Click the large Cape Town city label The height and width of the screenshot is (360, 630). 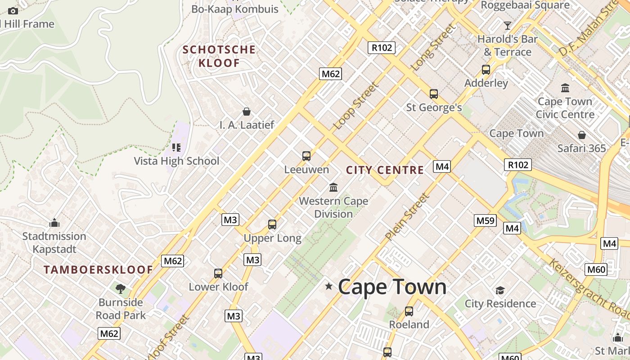(x=392, y=287)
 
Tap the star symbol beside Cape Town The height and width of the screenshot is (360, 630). (x=329, y=286)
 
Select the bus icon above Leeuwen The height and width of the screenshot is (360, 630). (x=306, y=156)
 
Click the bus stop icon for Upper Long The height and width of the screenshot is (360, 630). (x=272, y=224)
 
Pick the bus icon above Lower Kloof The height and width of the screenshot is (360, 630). (x=218, y=273)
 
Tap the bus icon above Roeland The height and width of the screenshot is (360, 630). (x=409, y=311)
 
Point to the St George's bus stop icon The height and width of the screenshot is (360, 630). (x=434, y=94)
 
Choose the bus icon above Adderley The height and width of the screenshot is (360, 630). (x=486, y=70)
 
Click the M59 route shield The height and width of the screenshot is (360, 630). (x=486, y=220)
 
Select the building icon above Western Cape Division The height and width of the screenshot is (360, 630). (x=333, y=187)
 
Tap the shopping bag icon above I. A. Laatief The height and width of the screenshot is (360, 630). (x=247, y=112)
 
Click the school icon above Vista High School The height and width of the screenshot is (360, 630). (x=176, y=147)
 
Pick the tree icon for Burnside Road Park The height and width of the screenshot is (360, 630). (x=120, y=288)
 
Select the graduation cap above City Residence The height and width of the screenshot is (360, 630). (x=500, y=290)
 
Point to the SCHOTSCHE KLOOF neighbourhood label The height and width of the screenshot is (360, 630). (x=219, y=56)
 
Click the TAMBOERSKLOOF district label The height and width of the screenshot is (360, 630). (x=98, y=270)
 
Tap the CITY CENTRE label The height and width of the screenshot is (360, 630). (x=385, y=170)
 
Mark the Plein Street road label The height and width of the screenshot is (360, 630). (x=407, y=216)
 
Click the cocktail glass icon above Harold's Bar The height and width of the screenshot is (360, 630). (x=508, y=25)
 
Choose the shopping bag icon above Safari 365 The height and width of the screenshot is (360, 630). (x=581, y=135)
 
